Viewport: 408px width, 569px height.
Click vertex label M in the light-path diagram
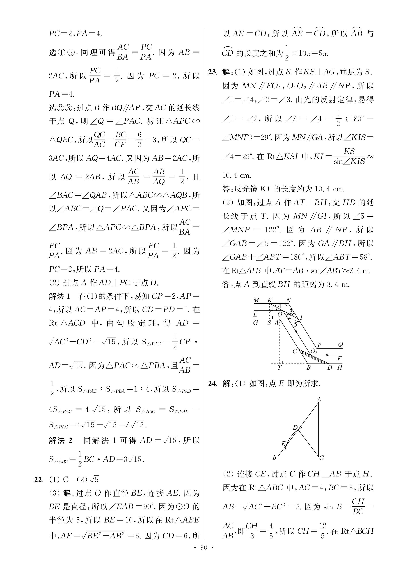(x=256, y=300)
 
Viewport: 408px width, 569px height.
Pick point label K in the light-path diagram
(x=270, y=300)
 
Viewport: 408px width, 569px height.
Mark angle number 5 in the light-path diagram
(x=295, y=324)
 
